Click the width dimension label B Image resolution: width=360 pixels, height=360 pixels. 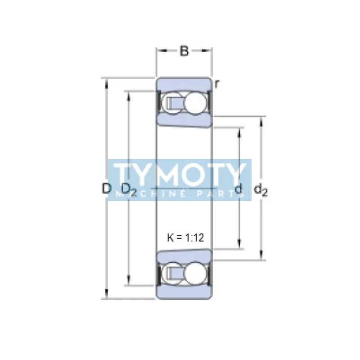(x=184, y=51)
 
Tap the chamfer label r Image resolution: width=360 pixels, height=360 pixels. (x=216, y=83)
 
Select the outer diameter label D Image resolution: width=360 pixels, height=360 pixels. (x=106, y=189)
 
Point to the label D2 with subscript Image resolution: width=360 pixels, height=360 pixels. (x=128, y=190)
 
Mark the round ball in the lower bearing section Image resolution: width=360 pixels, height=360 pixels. (x=195, y=273)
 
